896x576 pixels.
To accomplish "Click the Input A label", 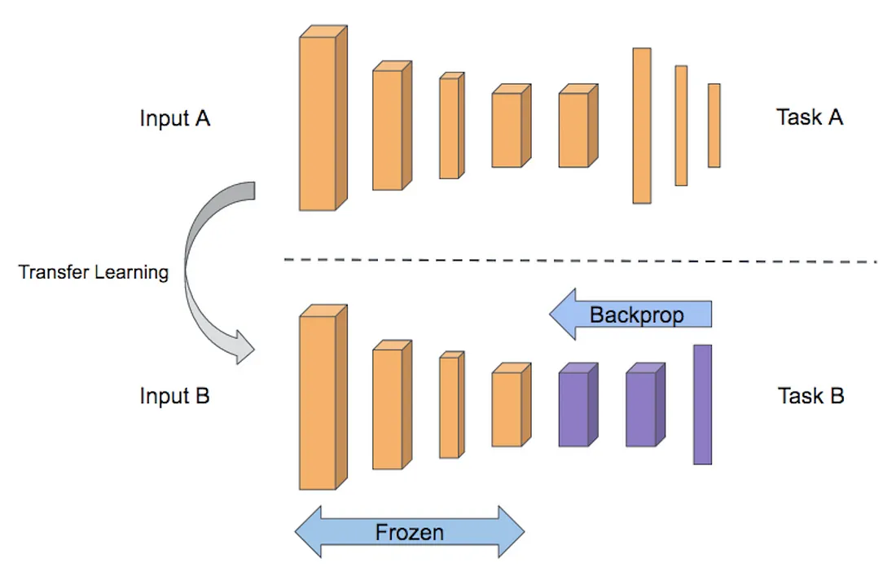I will click(x=175, y=118).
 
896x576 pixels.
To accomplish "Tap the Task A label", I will click(x=810, y=117).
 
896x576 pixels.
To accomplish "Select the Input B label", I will click(x=175, y=397).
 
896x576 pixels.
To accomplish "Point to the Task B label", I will click(x=810, y=397).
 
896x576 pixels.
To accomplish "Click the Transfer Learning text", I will click(x=94, y=272).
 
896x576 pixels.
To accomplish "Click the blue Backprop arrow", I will click(x=631, y=314).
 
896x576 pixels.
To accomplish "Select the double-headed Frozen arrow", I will click(x=410, y=533).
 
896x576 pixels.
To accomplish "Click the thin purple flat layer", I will click(x=702, y=404).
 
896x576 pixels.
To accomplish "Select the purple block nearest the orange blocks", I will click(x=573, y=409).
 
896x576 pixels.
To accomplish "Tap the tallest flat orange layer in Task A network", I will click(x=642, y=125).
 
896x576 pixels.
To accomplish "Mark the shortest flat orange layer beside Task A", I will click(x=714, y=125).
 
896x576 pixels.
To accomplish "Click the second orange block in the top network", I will click(x=388, y=130).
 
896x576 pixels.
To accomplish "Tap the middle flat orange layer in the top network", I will click(x=681, y=125).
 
